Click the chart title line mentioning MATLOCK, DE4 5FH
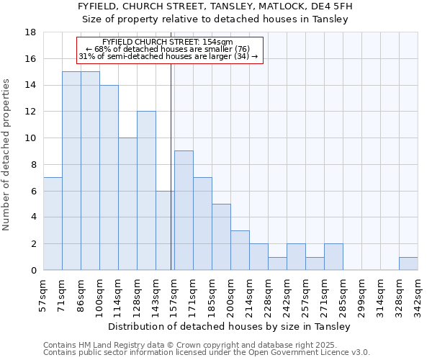(216, 6)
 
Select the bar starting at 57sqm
(53, 223)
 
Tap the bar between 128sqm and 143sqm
(146, 191)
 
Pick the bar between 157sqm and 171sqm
(184, 210)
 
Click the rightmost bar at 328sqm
(408, 264)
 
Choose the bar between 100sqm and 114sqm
(109, 178)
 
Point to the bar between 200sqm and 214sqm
(240, 250)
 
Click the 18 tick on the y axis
(30, 32)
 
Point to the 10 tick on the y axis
(30, 138)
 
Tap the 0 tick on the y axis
(33, 270)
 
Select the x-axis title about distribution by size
(230, 326)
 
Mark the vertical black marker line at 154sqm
(171, 166)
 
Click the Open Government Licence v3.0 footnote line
(207, 352)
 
